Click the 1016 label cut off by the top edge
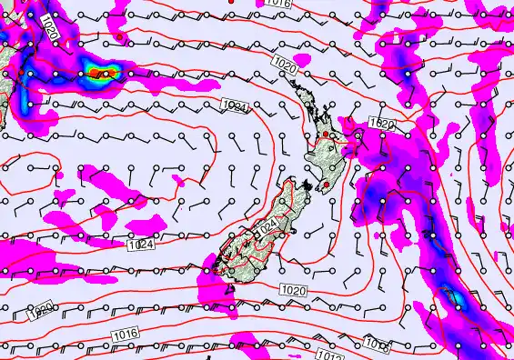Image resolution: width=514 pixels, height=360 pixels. (280, 5)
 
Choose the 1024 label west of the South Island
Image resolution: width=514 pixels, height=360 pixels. (141, 245)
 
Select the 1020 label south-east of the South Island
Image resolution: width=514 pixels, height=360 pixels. (293, 289)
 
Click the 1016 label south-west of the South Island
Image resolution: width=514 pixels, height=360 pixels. (127, 336)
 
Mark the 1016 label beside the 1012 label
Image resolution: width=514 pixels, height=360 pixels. (377, 344)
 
